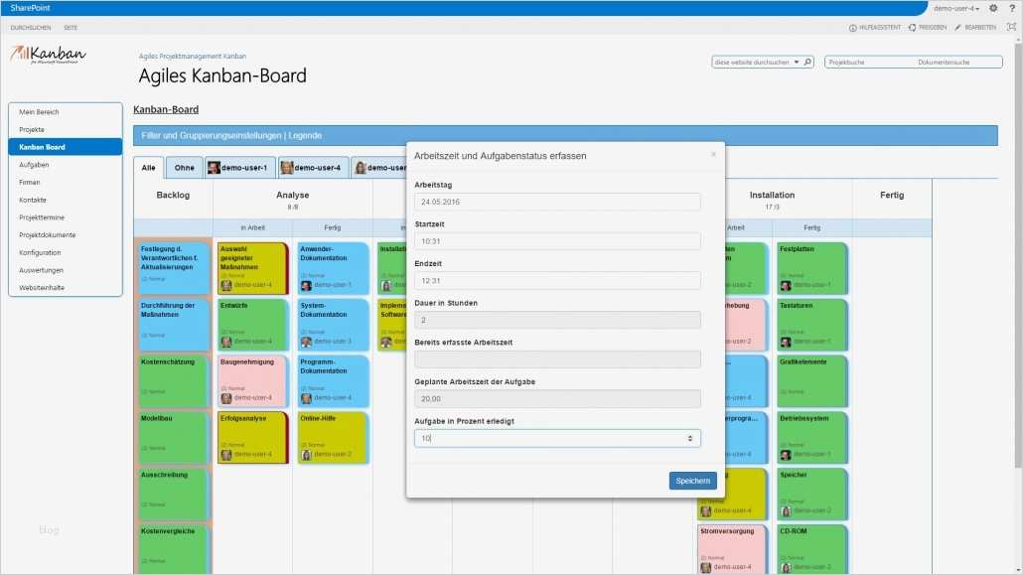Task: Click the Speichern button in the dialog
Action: click(692, 481)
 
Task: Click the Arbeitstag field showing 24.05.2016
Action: click(557, 202)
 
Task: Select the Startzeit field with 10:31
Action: click(557, 240)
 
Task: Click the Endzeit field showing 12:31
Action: click(557, 280)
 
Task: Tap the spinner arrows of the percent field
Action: click(690, 438)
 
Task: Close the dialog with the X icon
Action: click(712, 155)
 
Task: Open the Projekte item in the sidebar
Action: click(32, 130)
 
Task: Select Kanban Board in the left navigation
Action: click(43, 147)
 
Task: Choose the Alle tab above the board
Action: click(148, 168)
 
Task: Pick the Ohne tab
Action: click(185, 168)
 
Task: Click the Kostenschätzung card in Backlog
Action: click(174, 377)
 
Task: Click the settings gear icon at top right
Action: click(993, 8)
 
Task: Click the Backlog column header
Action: click(173, 196)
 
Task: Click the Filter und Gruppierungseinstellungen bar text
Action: click(231, 135)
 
